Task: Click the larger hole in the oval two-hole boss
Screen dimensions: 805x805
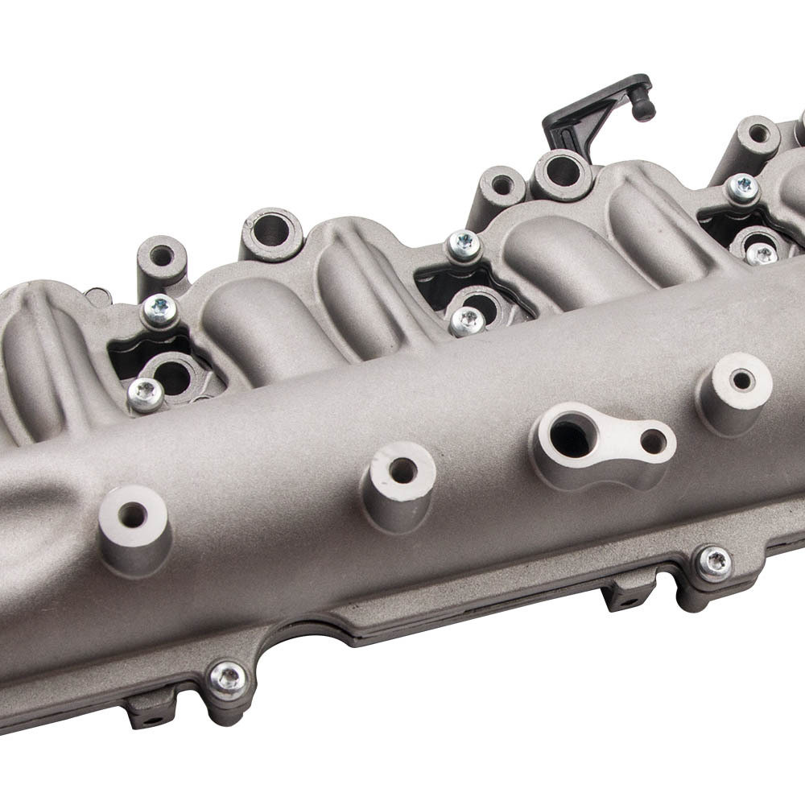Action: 571,438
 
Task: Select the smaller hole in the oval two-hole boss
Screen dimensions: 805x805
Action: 653,441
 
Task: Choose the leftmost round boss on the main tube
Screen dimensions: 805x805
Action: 133,515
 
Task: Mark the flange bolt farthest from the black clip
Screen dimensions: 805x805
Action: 228,678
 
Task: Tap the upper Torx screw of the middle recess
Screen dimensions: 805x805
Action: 464,245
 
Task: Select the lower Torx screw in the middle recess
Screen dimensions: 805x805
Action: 468,320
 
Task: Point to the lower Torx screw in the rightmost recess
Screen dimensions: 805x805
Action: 761,254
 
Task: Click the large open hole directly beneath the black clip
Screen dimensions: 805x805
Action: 561,171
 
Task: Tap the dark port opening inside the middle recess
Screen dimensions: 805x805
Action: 481,304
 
